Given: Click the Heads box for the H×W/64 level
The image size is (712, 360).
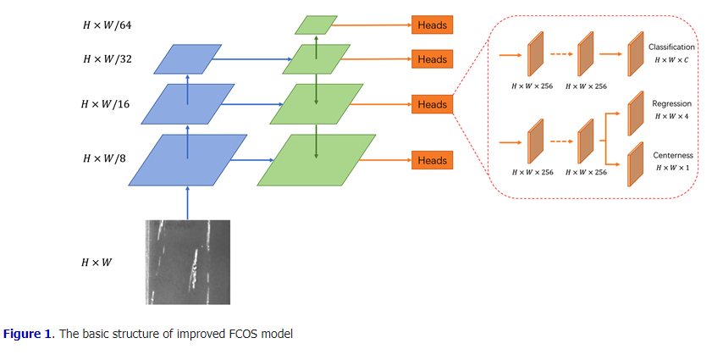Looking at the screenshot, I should click(432, 25).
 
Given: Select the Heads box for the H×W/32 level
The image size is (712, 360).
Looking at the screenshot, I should click(432, 59).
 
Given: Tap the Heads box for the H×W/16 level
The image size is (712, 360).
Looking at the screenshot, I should click(432, 104).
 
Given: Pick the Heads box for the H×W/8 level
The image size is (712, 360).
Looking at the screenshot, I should click(432, 160).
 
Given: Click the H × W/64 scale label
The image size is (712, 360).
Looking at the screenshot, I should click(108, 25).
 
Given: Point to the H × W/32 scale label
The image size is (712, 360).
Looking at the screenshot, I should click(108, 59).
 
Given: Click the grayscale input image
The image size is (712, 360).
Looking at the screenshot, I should click(187, 262).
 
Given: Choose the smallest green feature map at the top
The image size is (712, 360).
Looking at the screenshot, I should click(316, 25).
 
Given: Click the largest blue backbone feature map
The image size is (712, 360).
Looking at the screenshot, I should click(187, 159).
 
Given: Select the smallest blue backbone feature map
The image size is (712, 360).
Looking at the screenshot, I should click(187, 59).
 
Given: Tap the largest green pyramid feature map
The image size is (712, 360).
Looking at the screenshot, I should click(316, 160).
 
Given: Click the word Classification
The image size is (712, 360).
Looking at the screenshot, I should click(671, 47).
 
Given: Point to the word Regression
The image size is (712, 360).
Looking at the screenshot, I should click(671, 103).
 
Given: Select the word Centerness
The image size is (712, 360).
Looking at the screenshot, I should click(671, 156).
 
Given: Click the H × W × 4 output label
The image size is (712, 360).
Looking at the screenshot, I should click(671, 116).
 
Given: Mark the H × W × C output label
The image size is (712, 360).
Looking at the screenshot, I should click(671, 61).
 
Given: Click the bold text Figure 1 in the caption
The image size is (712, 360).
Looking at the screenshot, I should click(25, 334).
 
